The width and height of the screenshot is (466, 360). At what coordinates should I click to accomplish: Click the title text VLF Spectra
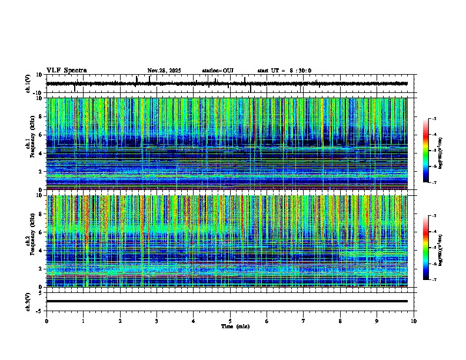(x=66, y=71)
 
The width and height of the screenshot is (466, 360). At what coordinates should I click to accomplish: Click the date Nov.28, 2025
(x=164, y=71)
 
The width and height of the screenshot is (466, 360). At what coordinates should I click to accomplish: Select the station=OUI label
(x=218, y=71)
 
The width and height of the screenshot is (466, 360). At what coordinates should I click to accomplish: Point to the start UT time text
(x=284, y=71)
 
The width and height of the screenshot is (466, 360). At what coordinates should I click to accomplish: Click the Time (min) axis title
(x=235, y=326)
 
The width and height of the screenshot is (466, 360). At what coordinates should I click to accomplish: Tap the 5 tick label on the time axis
(x=230, y=321)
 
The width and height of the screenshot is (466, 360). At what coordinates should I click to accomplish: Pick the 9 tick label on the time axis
(x=377, y=321)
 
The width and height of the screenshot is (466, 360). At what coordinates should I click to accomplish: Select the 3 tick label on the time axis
(x=157, y=321)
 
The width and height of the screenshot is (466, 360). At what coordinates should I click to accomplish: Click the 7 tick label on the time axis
(x=304, y=321)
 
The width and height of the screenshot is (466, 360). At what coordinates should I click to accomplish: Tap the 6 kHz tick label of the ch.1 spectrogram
(x=42, y=135)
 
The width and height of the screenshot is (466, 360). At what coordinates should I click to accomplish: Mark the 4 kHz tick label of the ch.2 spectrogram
(x=42, y=250)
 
